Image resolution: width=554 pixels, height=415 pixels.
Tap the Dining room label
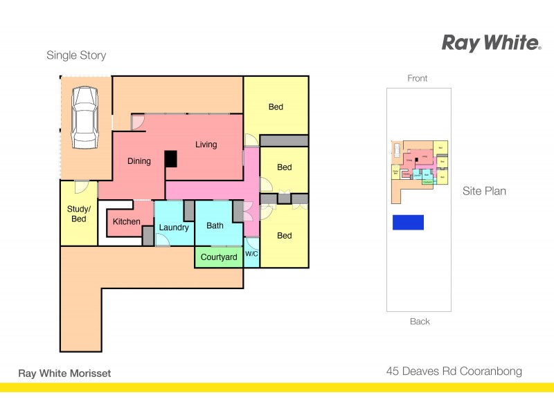139,161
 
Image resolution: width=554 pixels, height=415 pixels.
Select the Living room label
206,145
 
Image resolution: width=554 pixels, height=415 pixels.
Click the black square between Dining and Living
170,158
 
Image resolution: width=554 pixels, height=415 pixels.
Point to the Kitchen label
127,221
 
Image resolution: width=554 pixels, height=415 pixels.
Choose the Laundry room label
174,228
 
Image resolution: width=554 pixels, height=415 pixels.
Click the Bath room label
215,225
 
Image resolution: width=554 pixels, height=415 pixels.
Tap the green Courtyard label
219,257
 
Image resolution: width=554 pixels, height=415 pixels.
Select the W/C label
251,255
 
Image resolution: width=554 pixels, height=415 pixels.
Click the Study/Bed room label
78,214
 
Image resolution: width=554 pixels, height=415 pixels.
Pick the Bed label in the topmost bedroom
276,107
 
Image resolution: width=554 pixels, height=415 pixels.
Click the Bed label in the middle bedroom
284,167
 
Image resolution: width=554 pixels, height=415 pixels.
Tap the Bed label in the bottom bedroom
284,236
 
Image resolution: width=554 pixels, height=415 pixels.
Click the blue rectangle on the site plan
408,222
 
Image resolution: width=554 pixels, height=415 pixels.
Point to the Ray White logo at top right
491,44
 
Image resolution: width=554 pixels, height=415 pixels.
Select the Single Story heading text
76,55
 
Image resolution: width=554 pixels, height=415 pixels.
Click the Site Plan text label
484,191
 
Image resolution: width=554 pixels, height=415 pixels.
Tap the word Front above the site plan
418,78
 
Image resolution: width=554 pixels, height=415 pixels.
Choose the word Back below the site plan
420,321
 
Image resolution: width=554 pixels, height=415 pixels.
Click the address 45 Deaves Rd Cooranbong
454,371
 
